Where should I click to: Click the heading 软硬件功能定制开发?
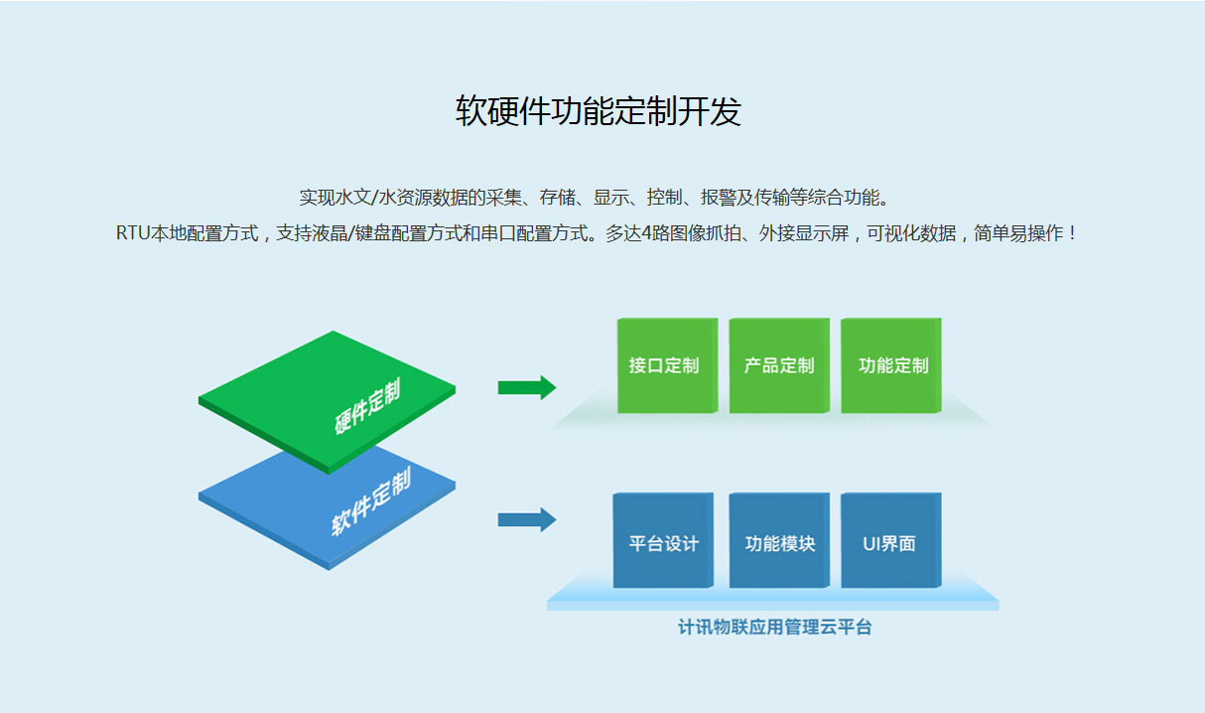599,111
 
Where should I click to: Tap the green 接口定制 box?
665,365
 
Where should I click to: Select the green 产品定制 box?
778,365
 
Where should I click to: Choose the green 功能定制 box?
891,365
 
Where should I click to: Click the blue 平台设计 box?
663,542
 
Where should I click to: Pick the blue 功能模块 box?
778,542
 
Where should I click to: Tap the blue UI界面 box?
889,542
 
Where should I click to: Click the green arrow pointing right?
526,387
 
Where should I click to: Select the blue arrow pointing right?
526,519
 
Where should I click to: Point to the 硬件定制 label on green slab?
368,406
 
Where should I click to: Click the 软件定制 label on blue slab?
370,503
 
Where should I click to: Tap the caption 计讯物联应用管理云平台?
774,628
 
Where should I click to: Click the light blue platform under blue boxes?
772,598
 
